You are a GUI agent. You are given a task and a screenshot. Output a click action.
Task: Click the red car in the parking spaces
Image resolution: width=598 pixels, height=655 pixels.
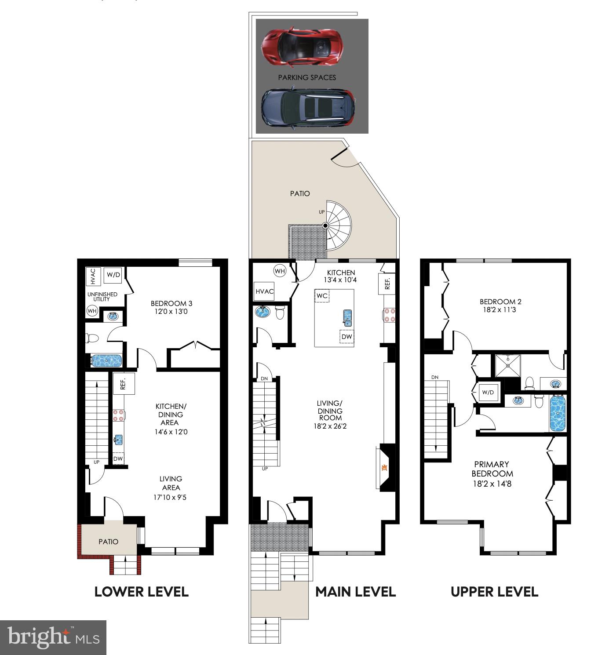coord(302,47)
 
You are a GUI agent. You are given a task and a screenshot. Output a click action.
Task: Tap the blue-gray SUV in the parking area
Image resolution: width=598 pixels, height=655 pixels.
coord(308,107)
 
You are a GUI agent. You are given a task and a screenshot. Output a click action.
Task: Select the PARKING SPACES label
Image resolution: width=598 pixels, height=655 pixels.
coord(307,78)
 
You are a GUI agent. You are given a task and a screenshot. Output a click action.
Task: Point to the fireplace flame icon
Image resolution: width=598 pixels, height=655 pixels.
coord(384,468)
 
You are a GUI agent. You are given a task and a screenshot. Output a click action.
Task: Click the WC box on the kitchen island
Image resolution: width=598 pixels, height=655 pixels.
coord(322,296)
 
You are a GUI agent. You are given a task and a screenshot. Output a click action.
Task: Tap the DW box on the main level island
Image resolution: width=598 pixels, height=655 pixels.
coord(346,336)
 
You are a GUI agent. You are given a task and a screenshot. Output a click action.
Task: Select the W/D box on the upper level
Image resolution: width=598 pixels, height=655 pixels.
coord(488,393)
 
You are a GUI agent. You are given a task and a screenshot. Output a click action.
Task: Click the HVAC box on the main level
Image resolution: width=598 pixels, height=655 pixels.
coord(264,291)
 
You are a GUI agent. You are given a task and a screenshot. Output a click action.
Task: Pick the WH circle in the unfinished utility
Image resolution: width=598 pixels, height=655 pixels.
coord(92,311)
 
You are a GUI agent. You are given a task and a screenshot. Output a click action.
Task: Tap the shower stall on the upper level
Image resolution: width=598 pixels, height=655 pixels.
coord(508,366)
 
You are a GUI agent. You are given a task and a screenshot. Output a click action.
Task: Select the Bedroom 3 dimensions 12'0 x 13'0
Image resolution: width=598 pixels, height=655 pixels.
coord(171,312)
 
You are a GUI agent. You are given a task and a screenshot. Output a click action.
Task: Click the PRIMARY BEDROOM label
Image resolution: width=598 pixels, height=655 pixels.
coord(492,469)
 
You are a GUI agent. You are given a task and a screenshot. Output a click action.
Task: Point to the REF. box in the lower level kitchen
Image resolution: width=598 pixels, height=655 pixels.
coord(124,384)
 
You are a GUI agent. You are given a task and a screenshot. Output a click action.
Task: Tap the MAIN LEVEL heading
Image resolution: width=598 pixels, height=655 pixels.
coord(355,592)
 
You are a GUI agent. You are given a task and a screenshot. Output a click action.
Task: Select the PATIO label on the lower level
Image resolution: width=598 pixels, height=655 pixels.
coord(109,542)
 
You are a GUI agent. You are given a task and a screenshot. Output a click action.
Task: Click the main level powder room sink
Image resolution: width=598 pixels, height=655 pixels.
coord(263,311)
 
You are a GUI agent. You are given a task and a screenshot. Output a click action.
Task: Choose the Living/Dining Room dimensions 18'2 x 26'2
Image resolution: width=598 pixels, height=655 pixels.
coord(330,426)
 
